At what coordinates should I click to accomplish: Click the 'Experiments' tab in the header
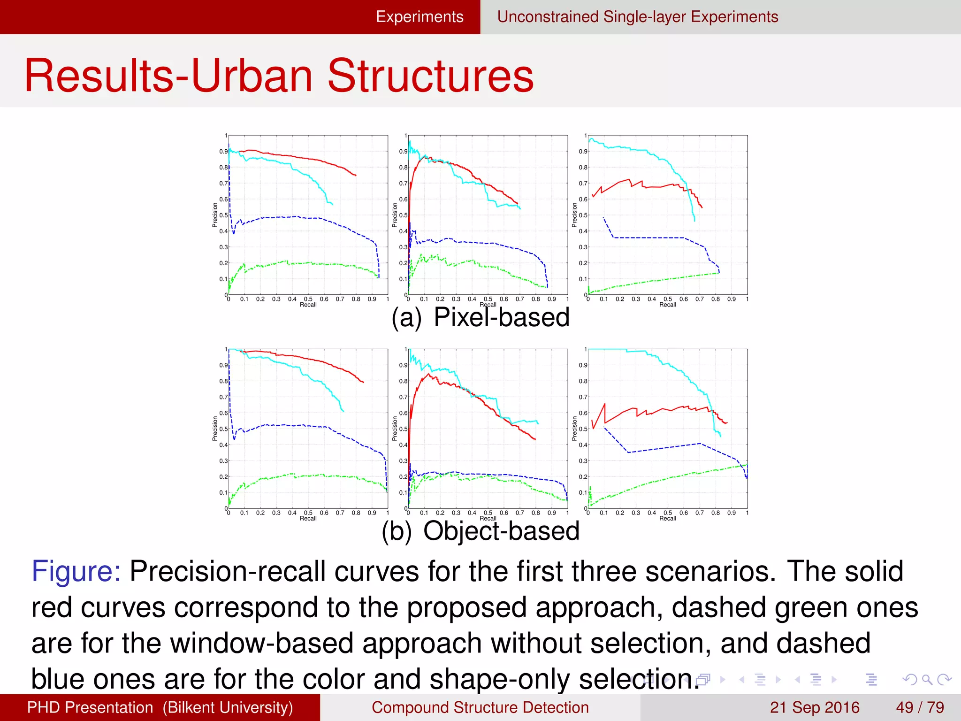point(419,17)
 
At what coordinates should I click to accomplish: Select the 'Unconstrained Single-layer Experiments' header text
point(637,17)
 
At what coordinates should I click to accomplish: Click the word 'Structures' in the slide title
point(430,76)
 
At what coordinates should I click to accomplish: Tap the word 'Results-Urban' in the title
point(169,76)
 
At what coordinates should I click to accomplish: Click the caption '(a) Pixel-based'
point(480,318)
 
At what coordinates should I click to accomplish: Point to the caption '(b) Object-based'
point(480,531)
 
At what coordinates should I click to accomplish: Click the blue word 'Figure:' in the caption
point(76,571)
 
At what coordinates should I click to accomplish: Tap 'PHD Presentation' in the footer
point(90,707)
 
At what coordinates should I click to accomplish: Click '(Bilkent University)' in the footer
point(228,707)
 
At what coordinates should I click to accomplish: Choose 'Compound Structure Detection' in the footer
point(480,707)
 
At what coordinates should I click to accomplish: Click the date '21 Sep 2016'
point(814,707)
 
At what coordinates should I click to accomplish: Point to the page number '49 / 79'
point(920,707)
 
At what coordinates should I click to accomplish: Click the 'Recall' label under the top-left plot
point(308,305)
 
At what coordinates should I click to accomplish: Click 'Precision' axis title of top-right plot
point(574,215)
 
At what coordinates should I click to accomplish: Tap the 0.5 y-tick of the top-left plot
point(223,215)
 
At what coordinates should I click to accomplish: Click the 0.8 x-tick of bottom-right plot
point(715,513)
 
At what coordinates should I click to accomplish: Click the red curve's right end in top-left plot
point(356,176)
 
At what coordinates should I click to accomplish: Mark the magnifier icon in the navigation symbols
point(927,679)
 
